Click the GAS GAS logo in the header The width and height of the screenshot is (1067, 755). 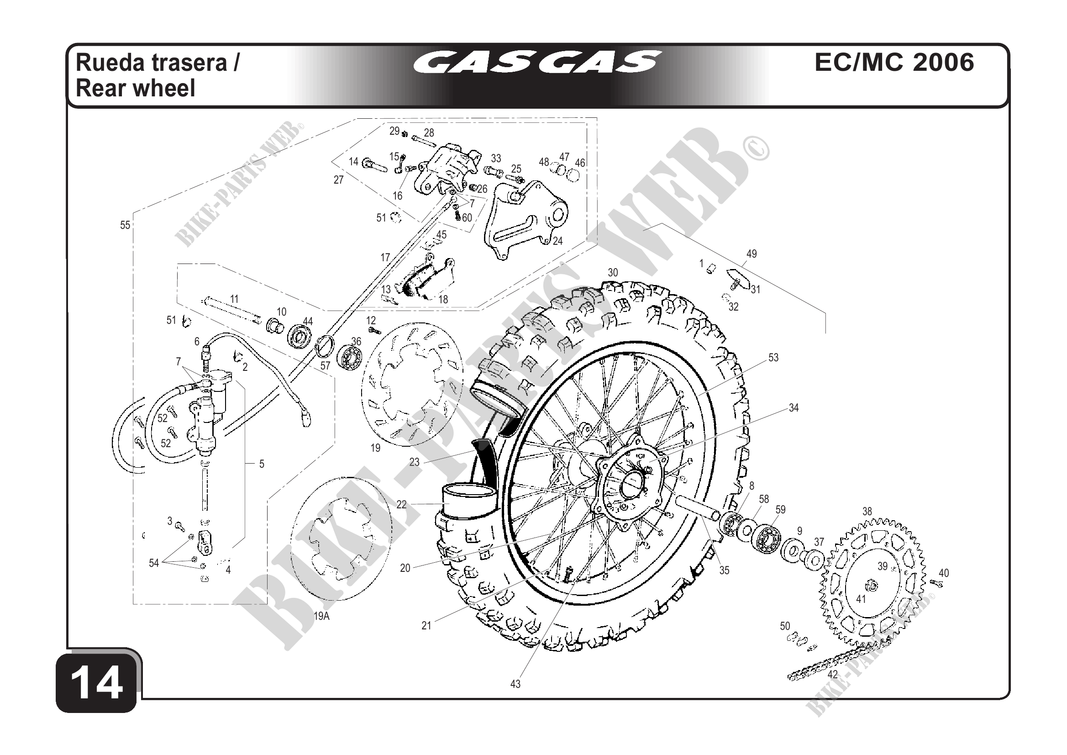538,62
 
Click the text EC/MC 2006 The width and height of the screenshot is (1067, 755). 894,62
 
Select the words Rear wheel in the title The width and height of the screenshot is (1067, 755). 135,88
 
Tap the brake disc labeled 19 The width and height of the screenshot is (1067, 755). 412,384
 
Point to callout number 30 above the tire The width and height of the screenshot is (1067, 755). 613,272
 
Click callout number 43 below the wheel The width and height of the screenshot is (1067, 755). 515,684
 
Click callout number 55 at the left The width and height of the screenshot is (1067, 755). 125,225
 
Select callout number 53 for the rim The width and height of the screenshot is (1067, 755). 773,358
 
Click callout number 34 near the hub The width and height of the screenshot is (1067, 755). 794,408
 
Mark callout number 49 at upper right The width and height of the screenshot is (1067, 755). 752,254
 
